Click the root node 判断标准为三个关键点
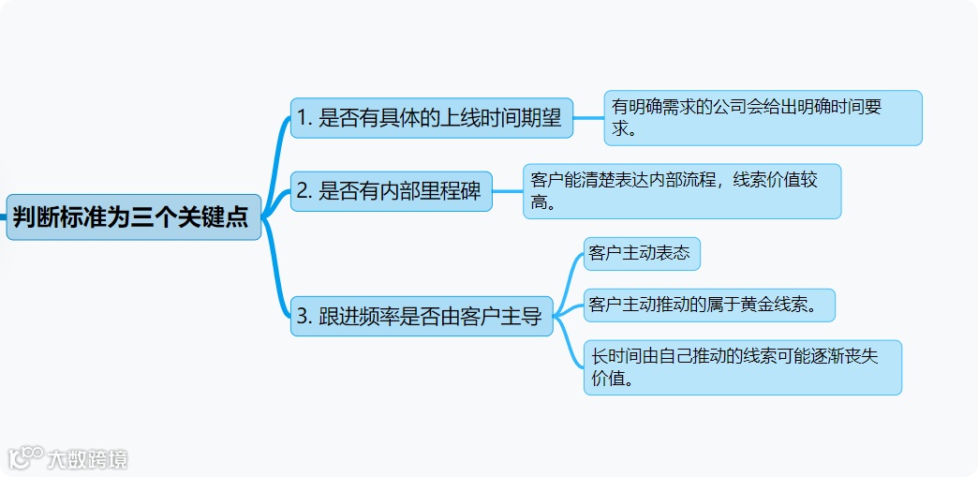(x=133, y=217)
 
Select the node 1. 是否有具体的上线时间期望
(x=431, y=118)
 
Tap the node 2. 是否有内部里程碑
(x=391, y=191)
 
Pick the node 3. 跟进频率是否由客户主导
(x=421, y=317)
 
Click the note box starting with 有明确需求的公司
(x=763, y=118)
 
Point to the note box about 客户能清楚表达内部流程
(x=681, y=191)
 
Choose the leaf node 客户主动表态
(x=641, y=254)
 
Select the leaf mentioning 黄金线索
(x=709, y=305)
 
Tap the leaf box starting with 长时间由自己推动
(x=742, y=367)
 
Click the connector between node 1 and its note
(x=588, y=118)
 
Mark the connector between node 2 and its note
(x=507, y=191)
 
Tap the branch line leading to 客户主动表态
(x=570, y=271)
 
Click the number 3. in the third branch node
(x=304, y=317)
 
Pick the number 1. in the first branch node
(x=304, y=118)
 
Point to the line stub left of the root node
(x=3, y=217)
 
